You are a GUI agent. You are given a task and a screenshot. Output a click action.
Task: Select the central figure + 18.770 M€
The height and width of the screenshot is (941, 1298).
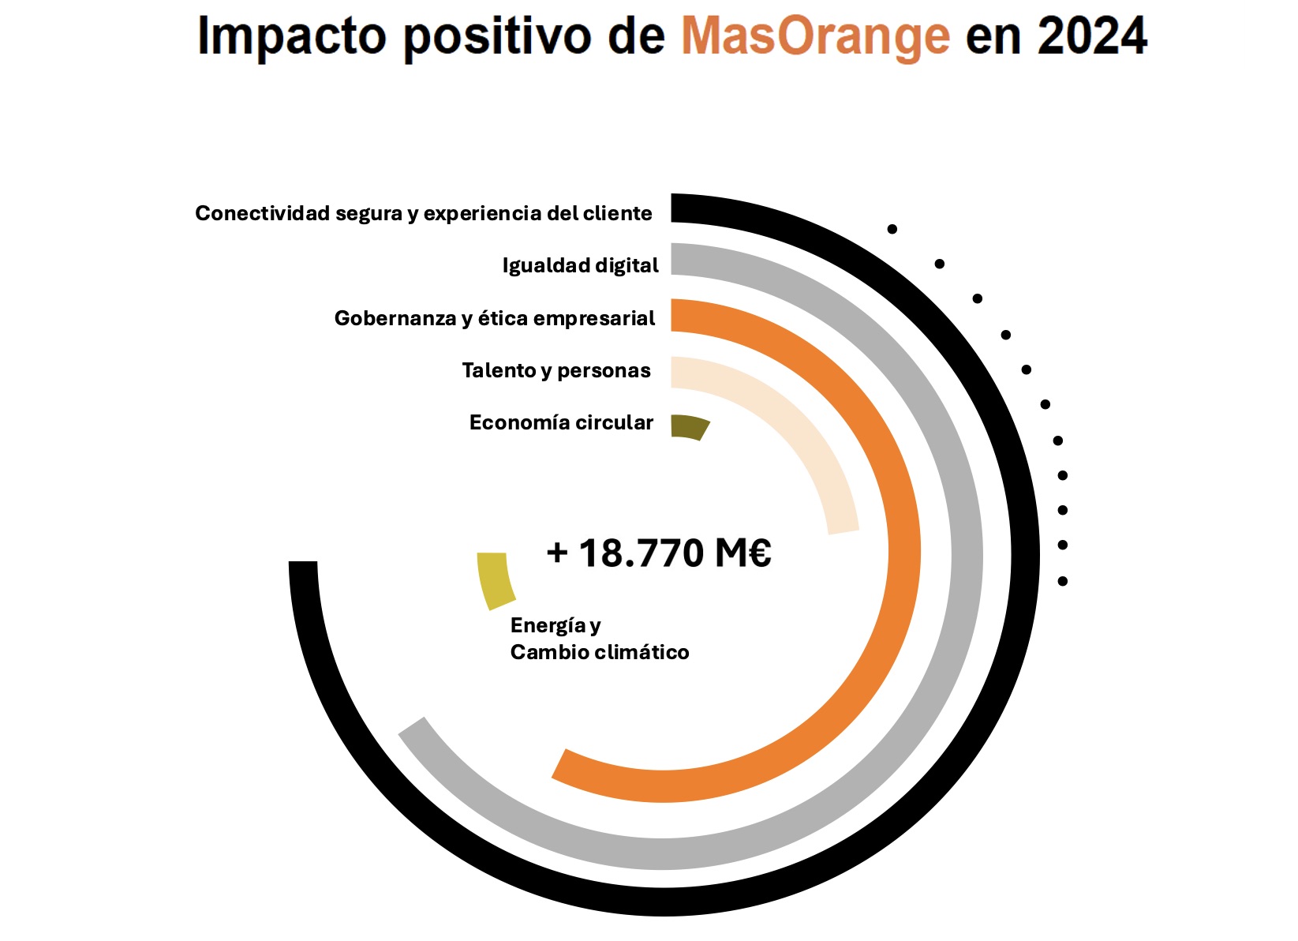(x=659, y=553)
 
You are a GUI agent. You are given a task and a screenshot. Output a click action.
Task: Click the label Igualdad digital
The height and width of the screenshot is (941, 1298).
(x=580, y=265)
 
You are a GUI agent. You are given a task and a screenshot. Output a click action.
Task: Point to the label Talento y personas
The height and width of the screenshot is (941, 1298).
(x=556, y=370)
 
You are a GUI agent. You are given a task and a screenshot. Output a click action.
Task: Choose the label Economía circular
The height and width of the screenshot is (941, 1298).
(x=561, y=422)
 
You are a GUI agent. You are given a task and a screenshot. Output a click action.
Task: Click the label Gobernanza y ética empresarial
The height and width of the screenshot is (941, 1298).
(x=495, y=318)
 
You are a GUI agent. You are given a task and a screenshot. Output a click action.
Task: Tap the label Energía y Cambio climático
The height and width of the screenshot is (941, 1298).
(x=599, y=639)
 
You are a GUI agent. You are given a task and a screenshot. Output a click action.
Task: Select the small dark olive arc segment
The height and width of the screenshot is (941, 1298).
(x=690, y=426)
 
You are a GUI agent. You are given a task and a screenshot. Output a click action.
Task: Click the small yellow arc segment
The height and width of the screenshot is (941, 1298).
(x=496, y=580)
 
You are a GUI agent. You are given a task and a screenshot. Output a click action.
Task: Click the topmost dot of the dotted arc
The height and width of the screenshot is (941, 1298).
(x=892, y=229)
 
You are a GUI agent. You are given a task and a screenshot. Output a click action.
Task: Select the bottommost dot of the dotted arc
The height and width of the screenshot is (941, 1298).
(x=1062, y=581)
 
